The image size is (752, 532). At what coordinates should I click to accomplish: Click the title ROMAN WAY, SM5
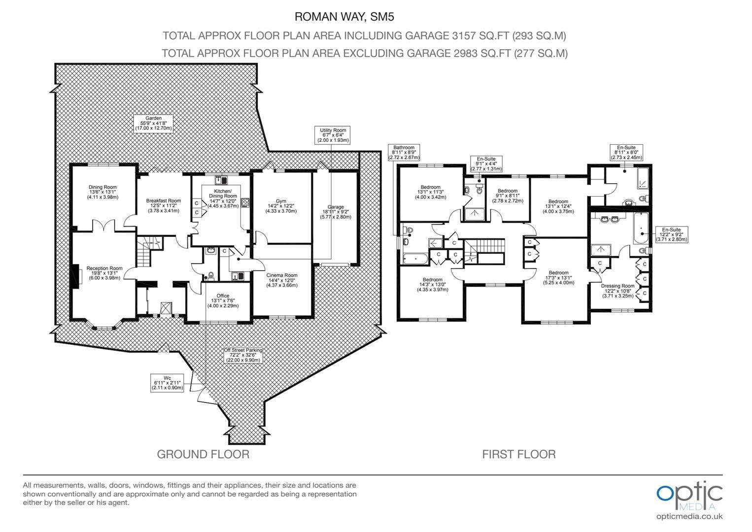click(344, 17)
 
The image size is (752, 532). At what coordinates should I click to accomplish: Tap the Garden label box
click(153, 124)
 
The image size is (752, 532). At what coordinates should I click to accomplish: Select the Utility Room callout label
click(332, 135)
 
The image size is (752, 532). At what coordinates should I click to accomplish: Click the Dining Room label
click(103, 192)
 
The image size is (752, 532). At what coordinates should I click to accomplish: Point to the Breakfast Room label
click(164, 206)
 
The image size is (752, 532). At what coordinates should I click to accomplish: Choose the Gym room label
click(281, 206)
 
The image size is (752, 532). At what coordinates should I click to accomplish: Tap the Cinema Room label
click(282, 280)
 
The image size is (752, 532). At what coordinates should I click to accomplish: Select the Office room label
click(223, 301)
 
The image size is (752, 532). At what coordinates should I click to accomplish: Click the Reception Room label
click(104, 273)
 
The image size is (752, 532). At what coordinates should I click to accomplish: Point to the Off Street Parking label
click(243, 355)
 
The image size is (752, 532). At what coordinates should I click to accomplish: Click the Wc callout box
click(167, 383)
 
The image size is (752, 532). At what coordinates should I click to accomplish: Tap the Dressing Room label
click(618, 291)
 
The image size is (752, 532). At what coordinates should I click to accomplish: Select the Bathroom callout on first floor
click(404, 152)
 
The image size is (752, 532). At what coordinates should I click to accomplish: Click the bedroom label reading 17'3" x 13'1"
click(559, 278)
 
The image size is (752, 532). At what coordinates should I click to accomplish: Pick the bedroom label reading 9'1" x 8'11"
click(508, 196)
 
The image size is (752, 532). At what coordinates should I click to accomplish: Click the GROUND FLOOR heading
click(203, 455)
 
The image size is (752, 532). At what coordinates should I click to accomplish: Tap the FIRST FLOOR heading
click(519, 455)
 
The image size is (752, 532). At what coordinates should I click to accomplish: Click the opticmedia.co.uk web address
click(689, 517)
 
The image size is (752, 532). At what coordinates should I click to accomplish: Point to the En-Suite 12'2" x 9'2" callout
click(671, 234)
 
